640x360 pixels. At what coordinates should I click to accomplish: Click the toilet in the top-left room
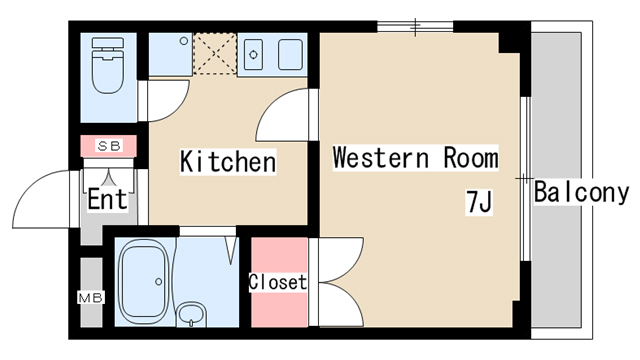[x=108, y=65]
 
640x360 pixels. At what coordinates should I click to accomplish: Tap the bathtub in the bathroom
[x=144, y=282]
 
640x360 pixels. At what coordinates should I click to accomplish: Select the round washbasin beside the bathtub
[x=191, y=315]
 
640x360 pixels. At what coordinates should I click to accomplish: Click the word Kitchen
[x=228, y=162]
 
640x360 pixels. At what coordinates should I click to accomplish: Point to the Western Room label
[x=415, y=158]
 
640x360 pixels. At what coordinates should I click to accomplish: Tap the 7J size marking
[x=479, y=202]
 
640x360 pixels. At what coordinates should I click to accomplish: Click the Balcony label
[x=581, y=192]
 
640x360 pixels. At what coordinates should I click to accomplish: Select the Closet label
[x=278, y=282]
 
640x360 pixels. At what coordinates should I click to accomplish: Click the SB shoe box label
[x=109, y=146]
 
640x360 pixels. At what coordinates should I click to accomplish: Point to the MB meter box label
[x=91, y=298]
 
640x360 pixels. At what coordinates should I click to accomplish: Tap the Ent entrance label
[x=107, y=199]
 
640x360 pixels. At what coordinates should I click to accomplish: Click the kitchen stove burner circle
[x=253, y=54]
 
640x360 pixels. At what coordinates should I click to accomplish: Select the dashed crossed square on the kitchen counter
[x=215, y=54]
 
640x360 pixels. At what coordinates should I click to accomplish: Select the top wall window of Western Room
[x=415, y=27]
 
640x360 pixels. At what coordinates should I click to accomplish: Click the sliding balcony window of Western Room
[x=526, y=178]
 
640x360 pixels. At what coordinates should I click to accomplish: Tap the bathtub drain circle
[x=158, y=282]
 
